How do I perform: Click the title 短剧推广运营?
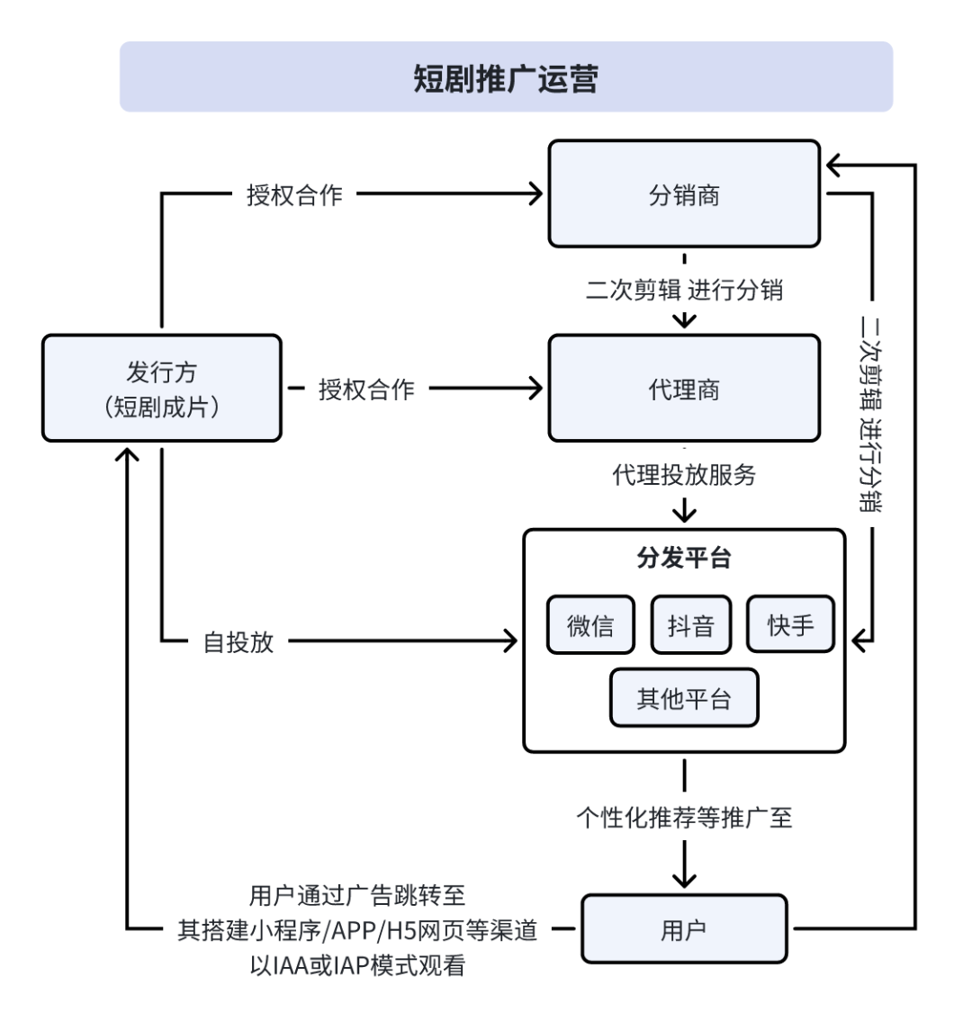coord(506,78)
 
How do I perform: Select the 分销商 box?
coord(684,194)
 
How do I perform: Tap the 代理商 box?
coord(684,389)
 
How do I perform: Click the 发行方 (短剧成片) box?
coord(162,389)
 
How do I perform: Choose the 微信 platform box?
coord(590,625)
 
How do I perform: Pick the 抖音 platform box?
coord(690,625)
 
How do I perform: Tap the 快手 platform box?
coord(790,625)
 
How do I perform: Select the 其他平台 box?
coord(684,698)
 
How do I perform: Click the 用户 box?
coord(684,929)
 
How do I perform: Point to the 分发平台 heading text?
coord(684,558)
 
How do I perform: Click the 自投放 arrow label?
coord(238,641)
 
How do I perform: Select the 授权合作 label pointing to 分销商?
coord(294,194)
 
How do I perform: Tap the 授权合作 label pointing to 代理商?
coord(366,389)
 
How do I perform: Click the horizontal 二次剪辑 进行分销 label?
coord(684,290)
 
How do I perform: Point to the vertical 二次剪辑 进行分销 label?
coord(870,414)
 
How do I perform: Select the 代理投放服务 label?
coord(684,475)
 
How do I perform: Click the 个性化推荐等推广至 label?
coord(684,817)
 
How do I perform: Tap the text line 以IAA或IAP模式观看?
coord(357,966)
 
